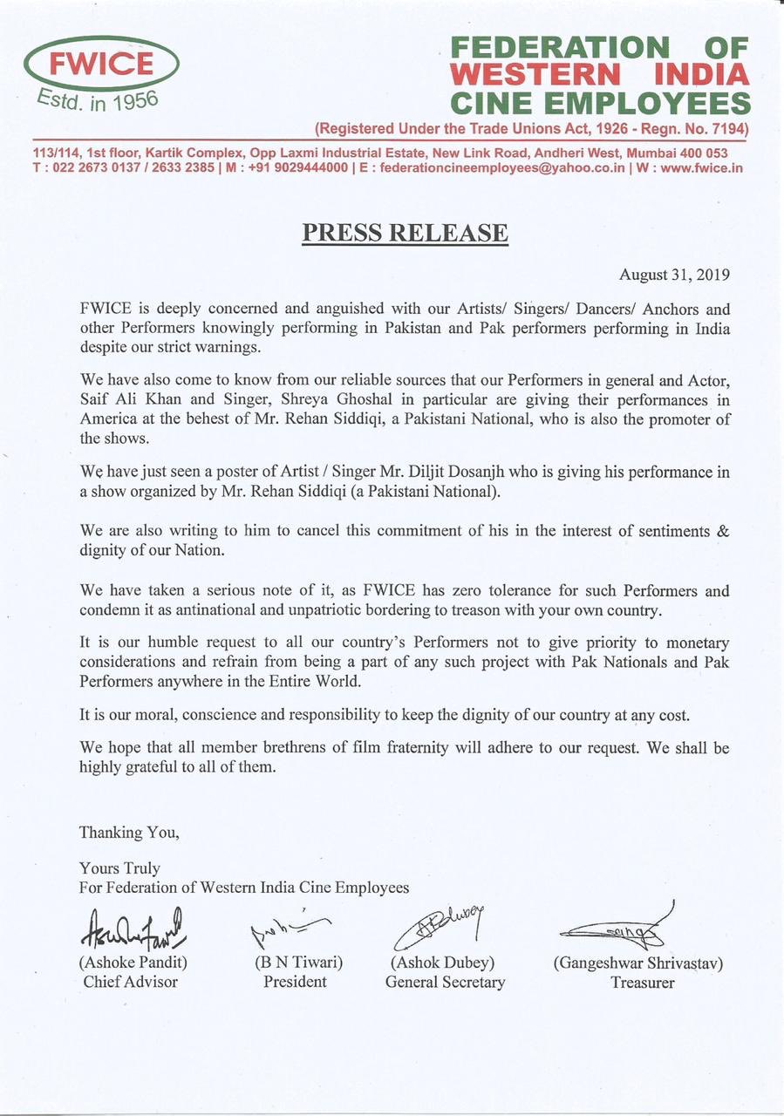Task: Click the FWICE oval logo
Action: click(102, 64)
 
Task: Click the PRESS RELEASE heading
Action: click(405, 234)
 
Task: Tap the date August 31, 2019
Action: click(674, 275)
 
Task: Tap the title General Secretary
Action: click(445, 982)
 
